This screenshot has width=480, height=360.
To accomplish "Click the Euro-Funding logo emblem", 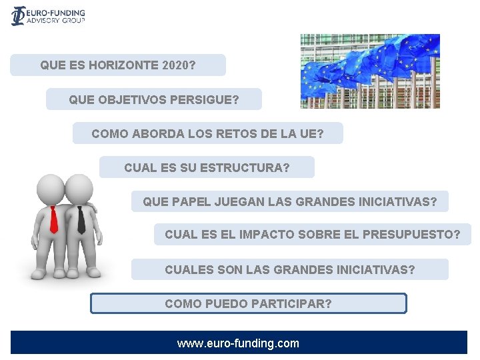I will [18, 15].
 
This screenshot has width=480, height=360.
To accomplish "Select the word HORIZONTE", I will [127, 66].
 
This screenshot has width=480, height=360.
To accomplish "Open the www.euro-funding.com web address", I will [238, 344].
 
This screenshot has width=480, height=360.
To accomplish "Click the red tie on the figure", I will [53, 219].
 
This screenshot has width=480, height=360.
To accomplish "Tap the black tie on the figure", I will [81, 219].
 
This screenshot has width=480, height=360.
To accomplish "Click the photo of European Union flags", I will [369, 71].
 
